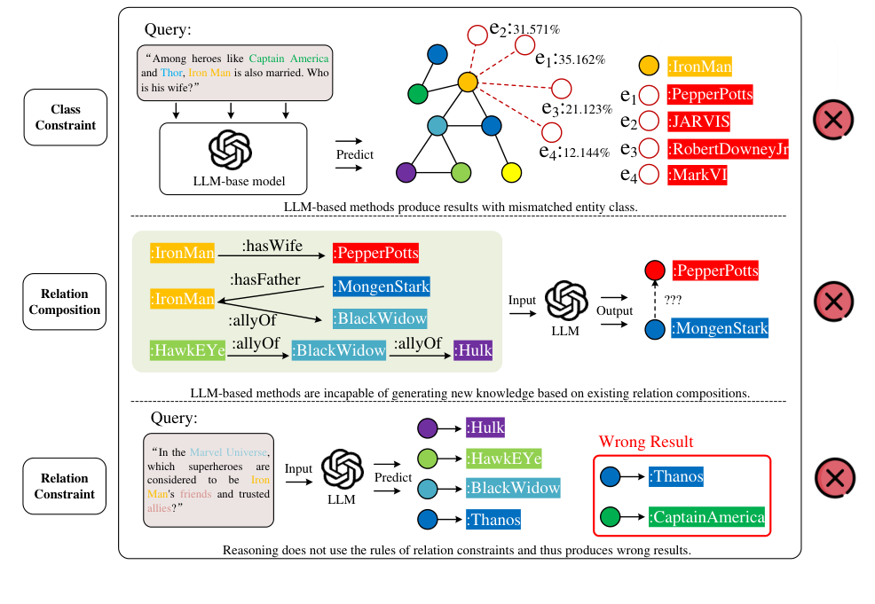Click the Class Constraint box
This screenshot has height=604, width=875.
[66, 117]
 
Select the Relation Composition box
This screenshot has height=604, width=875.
[65, 302]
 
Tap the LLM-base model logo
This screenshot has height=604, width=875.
[231, 150]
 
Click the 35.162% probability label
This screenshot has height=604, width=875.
[582, 59]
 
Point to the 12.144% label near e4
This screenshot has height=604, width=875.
[587, 153]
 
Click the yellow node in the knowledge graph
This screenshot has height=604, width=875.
[511, 173]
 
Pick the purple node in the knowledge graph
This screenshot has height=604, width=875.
[406, 172]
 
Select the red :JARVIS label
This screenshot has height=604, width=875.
[698, 122]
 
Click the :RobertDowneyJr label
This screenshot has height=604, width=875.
[728, 149]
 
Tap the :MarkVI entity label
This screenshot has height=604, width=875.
[697, 175]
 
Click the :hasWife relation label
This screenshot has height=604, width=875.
[272, 246]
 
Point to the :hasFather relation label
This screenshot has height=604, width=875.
[265, 279]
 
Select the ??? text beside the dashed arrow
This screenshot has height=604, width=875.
[673, 300]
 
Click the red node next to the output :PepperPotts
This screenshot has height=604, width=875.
[655, 271]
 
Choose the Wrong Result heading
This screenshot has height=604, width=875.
[646, 442]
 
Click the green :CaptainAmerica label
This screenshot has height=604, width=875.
[706, 517]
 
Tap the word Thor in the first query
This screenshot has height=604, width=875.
[171, 73]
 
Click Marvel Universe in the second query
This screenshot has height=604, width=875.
[228, 452]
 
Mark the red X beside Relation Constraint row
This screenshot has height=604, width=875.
[835, 478]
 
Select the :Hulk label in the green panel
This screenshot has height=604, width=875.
[473, 350]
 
